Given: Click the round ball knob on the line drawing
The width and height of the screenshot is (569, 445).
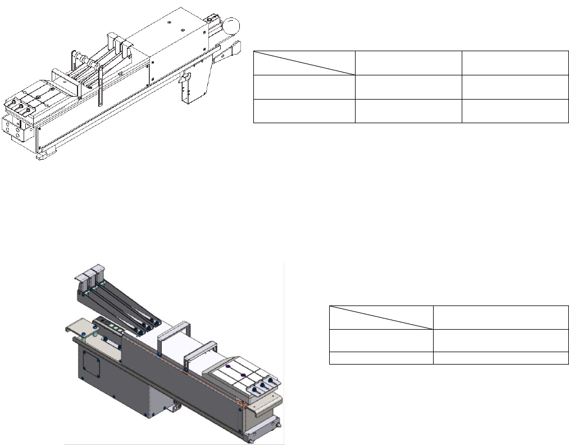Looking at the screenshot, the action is pyautogui.click(x=231, y=25).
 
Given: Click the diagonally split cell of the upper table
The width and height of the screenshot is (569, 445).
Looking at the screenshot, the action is pyautogui.click(x=304, y=63).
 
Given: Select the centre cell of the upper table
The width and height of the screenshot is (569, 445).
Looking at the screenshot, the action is pyautogui.click(x=408, y=87).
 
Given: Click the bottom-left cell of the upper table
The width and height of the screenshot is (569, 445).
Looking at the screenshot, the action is pyautogui.click(x=304, y=110).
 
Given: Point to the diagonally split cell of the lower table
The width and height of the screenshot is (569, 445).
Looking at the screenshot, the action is pyautogui.click(x=381, y=317).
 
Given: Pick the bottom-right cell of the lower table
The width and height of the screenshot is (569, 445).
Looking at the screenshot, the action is pyautogui.click(x=500, y=358).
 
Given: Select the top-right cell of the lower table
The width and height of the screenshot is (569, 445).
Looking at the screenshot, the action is pyautogui.click(x=500, y=317).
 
